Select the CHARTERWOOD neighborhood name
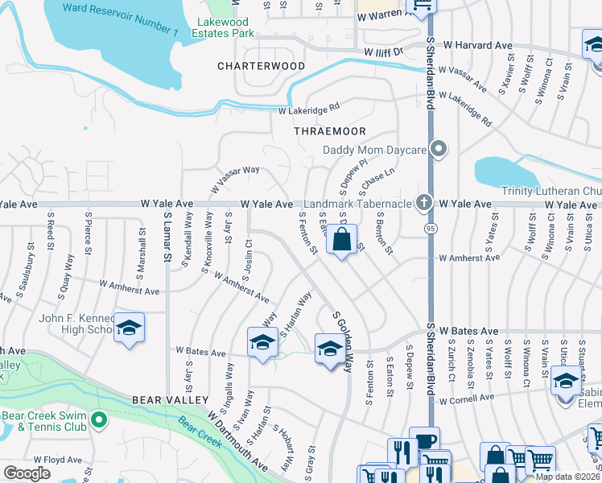click(261, 66)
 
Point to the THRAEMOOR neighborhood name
click(330, 131)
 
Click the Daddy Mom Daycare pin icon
click(439, 149)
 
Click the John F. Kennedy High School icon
click(129, 328)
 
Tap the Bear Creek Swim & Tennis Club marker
click(98, 419)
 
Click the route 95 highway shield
click(431, 229)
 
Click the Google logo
click(27, 473)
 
